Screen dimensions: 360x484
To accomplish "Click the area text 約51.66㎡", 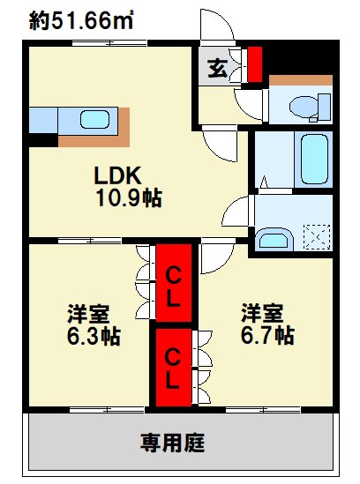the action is [81, 20].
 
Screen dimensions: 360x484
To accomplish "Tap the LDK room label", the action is [117, 175].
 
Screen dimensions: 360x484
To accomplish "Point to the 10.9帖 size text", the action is [129, 197].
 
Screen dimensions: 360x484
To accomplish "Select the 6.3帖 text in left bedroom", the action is [94, 336].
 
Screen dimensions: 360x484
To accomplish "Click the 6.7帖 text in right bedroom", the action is [267, 336].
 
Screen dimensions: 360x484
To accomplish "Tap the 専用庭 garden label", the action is [172, 443].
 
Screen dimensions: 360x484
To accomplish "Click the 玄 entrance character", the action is [218, 68].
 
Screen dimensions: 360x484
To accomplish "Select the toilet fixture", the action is [310, 107].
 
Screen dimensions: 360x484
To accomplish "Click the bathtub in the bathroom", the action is [314, 159].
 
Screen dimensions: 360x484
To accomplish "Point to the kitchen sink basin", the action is [95, 119].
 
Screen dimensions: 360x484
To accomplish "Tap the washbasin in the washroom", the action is [275, 239].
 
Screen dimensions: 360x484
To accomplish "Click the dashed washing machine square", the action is [317, 237].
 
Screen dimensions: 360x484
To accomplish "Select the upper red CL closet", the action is [173, 283].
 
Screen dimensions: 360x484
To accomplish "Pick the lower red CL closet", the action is [173, 368].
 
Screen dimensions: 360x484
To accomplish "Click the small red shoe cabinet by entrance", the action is [255, 64].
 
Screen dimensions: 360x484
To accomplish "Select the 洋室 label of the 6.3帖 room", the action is [88, 313].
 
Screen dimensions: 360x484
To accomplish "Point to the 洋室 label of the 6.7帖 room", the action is [262, 313].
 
